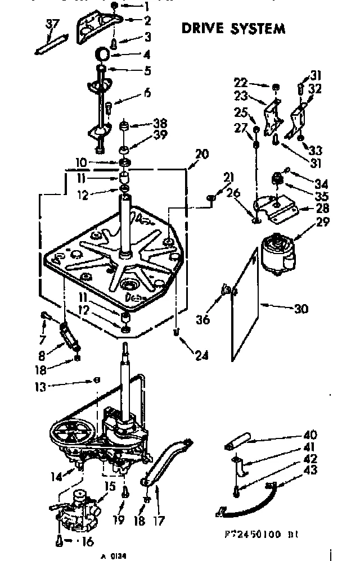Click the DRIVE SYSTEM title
(233, 28)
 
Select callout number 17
(159, 521)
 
